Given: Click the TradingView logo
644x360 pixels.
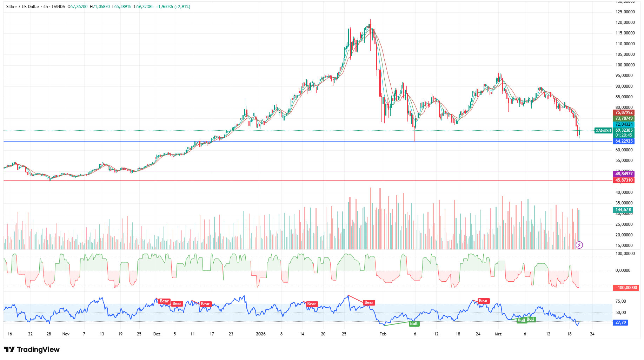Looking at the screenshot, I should coord(32,349).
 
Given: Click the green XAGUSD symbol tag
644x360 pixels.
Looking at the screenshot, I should coord(603,131).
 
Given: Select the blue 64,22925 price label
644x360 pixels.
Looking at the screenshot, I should coord(624,141).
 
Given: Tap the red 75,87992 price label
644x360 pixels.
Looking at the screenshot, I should coord(624,112).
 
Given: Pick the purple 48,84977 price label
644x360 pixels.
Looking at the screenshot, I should coord(624,174).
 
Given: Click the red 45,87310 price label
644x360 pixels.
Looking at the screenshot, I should coord(624,180).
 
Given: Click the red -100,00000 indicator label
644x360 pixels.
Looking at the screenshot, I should coord(625,288).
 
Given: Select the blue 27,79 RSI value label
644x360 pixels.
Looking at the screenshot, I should coord(620,322).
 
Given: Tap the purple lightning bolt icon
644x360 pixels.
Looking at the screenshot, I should coord(579,245).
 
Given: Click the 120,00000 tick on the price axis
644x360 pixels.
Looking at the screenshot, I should coord(625,22).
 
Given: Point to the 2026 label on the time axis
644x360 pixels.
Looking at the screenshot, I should coord(261,334).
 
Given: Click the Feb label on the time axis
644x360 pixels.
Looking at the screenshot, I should coord(383,334).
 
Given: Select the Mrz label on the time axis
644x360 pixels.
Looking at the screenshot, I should coord(498,334).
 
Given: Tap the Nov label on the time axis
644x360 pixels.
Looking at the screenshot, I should coord(66,334).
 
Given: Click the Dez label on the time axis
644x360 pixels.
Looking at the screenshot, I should coord(157,334).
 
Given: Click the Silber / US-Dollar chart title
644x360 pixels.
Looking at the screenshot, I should coord(23,7).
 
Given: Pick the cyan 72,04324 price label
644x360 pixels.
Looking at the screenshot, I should coord(624,124).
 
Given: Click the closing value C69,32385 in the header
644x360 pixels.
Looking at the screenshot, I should coord(143,7).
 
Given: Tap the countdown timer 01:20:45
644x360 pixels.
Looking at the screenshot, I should coord(624,135).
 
